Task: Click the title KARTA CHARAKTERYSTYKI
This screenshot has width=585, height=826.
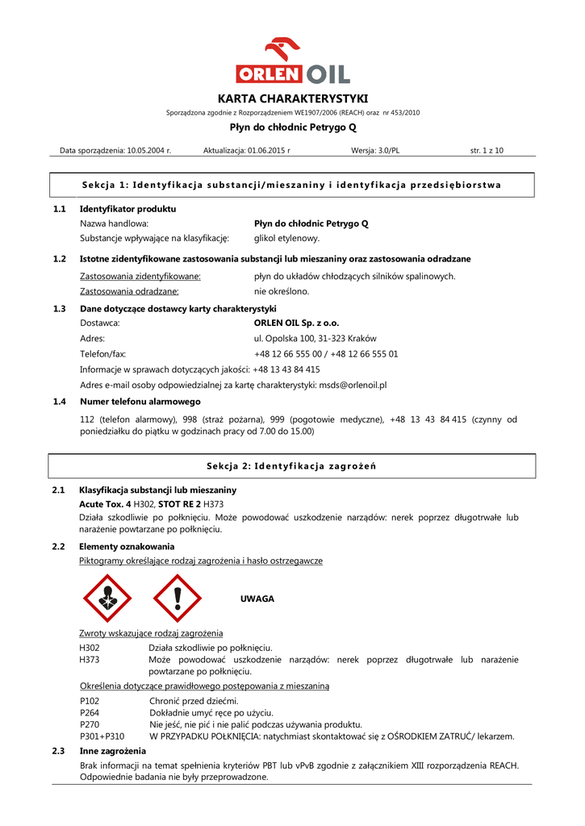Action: tap(292, 98)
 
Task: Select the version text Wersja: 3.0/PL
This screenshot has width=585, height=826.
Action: tap(375, 150)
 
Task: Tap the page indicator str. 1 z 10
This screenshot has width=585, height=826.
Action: tap(487, 150)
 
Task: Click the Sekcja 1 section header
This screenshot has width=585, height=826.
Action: tap(291, 186)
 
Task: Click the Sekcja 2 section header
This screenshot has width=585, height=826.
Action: tap(291, 466)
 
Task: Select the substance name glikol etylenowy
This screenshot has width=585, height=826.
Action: tap(287, 238)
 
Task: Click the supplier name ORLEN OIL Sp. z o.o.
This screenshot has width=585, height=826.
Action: tap(296, 323)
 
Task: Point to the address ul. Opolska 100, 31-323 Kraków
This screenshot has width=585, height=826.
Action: tap(315, 339)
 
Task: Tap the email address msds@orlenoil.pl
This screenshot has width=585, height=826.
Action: tap(353, 385)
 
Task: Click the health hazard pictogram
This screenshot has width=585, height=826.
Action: tap(107, 599)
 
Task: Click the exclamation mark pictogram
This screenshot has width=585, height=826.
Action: tap(177, 599)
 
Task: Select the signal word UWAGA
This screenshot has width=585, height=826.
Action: tap(257, 599)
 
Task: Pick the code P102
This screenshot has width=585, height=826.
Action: tap(90, 701)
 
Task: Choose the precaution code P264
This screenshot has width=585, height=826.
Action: tap(90, 712)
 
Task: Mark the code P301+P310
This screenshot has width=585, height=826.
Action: tap(102, 736)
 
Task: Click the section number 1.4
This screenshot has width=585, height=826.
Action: tap(59, 401)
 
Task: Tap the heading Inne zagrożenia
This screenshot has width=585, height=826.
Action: tap(112, 751)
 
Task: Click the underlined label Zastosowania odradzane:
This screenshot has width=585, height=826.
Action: tap(129, 291)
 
